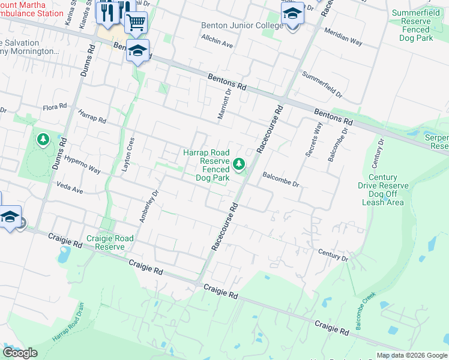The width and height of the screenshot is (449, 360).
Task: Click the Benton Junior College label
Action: (x=242, y=26)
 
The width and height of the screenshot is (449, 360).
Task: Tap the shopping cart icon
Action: (x=136, y=23)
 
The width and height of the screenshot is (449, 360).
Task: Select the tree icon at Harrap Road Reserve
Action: (x=239, y=163)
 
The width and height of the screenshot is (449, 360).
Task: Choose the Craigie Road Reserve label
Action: (x=110, y=242)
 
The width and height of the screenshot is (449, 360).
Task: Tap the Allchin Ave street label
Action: (x=217, y=44)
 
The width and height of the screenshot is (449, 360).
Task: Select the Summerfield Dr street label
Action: (x=322, y=85)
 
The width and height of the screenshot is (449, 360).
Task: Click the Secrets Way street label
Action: (x=314, y=139)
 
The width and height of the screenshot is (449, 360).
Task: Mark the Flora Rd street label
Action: (x=55, y=107)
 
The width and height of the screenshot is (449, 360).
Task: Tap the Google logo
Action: (x=19, y=353)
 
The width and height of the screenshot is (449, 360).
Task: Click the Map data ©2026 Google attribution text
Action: (x=411, y=355)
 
